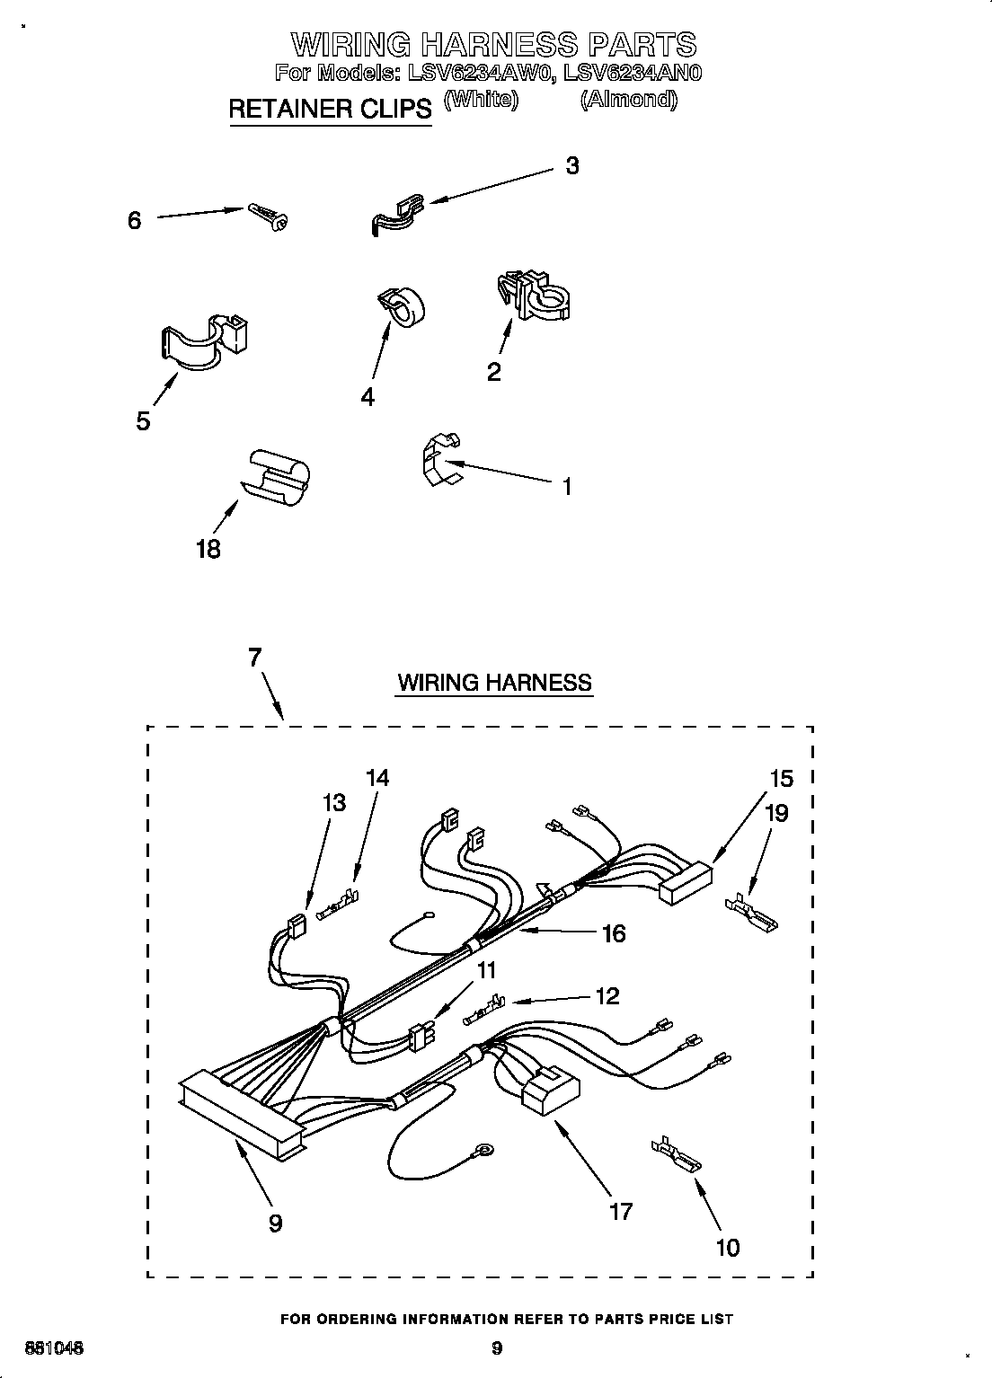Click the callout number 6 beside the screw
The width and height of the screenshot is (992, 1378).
point(134,220)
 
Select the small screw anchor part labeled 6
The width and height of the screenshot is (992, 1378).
point(267,216)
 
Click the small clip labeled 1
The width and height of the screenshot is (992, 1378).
point(439,460)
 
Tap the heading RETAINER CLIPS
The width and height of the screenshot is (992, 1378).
point(330,109)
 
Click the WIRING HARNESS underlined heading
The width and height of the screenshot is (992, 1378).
point(495,683)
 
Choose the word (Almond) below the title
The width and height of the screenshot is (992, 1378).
point(628,100)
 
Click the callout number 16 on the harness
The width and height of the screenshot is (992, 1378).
point(614,934)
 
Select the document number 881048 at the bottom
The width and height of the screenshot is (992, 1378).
point(54,1347)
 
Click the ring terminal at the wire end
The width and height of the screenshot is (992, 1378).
point(486,1148)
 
